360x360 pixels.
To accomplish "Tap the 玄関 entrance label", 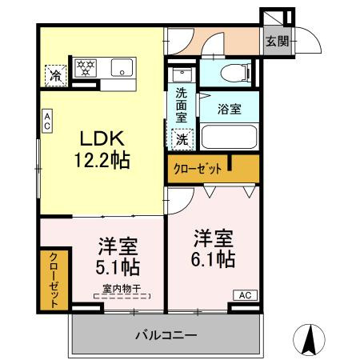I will tap(277, 42).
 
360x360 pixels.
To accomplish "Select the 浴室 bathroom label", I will tap(230, 110).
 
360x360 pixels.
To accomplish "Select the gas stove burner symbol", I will tap(85, 67).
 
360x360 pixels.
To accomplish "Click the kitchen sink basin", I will tap(122, 68).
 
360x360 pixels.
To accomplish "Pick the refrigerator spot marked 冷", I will tap(55, 74).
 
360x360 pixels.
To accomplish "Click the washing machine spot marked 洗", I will tap(182, 138).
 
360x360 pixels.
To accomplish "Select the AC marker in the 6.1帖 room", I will tap(244, 295).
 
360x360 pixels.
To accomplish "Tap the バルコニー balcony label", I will tap(166, 334).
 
